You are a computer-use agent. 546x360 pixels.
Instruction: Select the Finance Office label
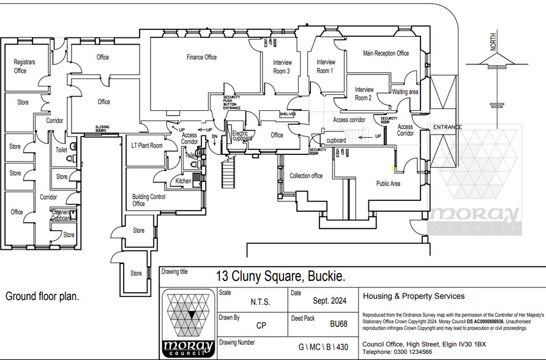tap(201, 58)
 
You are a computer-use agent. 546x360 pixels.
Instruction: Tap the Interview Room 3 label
tap(282, 67)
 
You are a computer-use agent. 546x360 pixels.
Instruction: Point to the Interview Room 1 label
tap(326, 66)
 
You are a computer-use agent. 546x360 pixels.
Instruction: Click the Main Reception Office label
tap(386, 53)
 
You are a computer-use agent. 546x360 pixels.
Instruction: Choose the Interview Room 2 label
tap(364, 94)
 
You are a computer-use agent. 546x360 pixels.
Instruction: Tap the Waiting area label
tap(405, 92)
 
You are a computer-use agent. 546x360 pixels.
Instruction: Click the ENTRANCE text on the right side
tap(447, 127)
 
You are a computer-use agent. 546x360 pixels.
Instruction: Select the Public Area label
tap(387, 183)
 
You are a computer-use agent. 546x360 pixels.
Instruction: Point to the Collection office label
tap(306, 176)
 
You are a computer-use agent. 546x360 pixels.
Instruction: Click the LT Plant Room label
tap(147, 146)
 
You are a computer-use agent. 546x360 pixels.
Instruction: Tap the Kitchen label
tap(184, 181)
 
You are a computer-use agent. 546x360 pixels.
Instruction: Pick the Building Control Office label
tap(149, 200)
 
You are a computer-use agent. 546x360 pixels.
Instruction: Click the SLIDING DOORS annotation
tap(102, 129)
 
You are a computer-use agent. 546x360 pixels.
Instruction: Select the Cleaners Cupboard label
tap(61, 214)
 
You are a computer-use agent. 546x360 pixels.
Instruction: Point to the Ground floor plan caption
tap(42, 296)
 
